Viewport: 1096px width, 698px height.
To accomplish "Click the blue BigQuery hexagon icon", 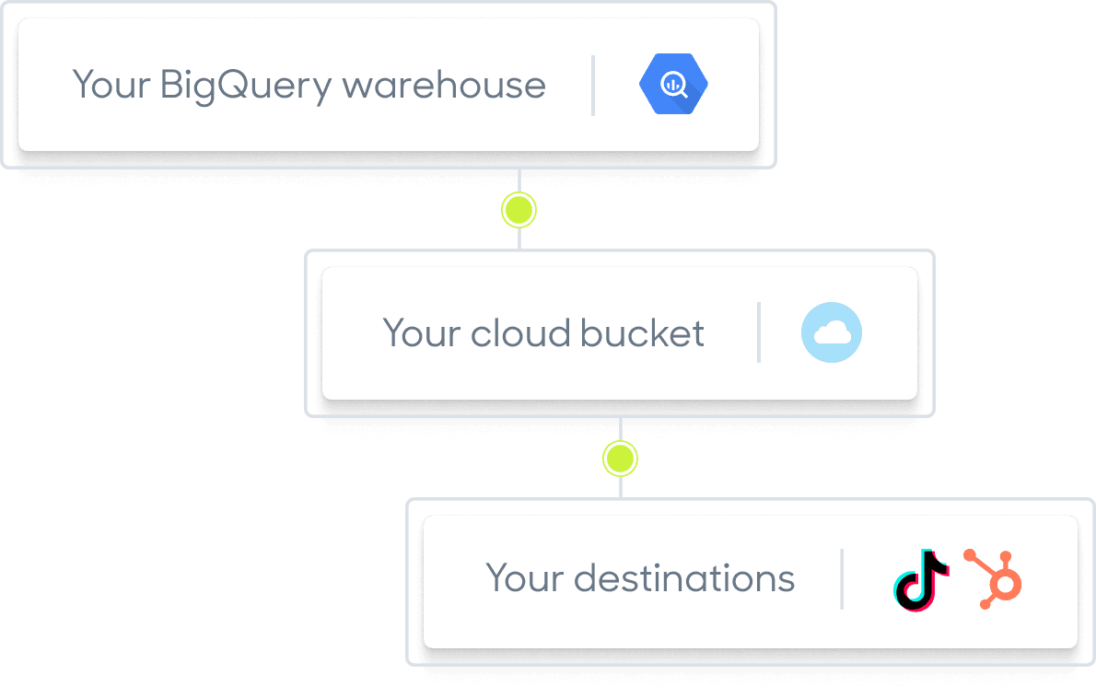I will [x=673, y=85].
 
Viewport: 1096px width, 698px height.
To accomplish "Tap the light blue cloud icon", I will [x=831, y=333].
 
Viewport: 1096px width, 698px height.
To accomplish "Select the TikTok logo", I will [x=920, y=580].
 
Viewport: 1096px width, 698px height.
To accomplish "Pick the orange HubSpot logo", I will [x=994, y=579].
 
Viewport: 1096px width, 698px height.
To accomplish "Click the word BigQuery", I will [x=245, y=87].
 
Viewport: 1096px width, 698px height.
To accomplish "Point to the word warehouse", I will [x=444, y=86].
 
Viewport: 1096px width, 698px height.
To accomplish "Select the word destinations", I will [x=683, y=579].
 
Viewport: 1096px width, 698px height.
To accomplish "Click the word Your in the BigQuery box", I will [x=111, y=86].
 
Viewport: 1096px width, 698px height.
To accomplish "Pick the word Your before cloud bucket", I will [x=421, y=333].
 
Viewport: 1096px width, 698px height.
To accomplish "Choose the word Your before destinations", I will [x=523, y=579].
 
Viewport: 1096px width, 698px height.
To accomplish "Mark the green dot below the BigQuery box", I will [x=519, y=210].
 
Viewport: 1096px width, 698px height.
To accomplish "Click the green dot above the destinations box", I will [x=620, y=458].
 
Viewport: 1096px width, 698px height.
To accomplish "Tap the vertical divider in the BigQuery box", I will [x=592, y=86].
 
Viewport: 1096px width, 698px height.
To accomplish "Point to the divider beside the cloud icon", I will [x=758, y=332].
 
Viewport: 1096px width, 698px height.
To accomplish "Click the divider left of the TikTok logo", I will [x=841, y=579].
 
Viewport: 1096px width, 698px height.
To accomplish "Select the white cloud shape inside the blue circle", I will [x=831, y=334].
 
